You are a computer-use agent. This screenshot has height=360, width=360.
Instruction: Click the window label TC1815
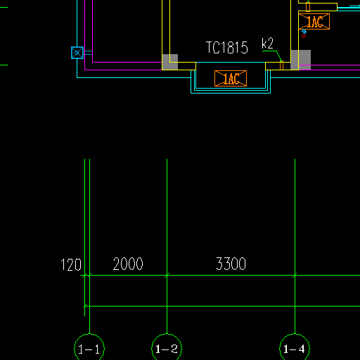[227, 48]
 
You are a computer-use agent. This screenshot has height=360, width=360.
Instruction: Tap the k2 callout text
[267, 44]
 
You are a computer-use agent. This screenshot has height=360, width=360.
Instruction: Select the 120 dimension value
[71, 265]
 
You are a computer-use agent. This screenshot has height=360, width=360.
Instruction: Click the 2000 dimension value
[128, 264]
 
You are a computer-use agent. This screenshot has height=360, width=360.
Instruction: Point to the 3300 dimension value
[231, 264]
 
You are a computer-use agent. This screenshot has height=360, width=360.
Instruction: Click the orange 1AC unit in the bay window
[231, 78]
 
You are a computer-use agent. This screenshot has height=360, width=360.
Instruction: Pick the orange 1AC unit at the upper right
[314, 22]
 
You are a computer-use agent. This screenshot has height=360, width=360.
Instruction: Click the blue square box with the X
[77, 53]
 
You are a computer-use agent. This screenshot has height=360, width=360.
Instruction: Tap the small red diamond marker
[304, 36]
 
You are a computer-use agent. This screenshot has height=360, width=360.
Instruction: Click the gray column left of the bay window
[170, 62]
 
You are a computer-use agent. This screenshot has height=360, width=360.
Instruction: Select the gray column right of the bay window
[301, 60]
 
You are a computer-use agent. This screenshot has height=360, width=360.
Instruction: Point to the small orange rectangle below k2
[282, 65]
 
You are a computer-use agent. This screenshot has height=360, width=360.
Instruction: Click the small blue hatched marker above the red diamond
[304, 32]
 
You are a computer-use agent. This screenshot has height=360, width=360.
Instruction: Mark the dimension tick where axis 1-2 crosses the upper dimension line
[167, 276]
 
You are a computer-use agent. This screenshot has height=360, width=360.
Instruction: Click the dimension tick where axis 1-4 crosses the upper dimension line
[295, 276]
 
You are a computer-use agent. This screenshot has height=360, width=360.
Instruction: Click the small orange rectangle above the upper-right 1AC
[308, 7]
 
